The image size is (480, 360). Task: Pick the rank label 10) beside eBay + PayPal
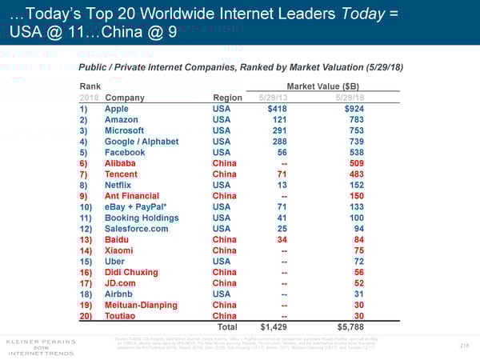(89, 207)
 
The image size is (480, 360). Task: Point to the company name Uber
(116, 262)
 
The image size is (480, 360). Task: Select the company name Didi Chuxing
(133, 273)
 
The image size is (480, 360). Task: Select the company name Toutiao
(122, 317)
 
